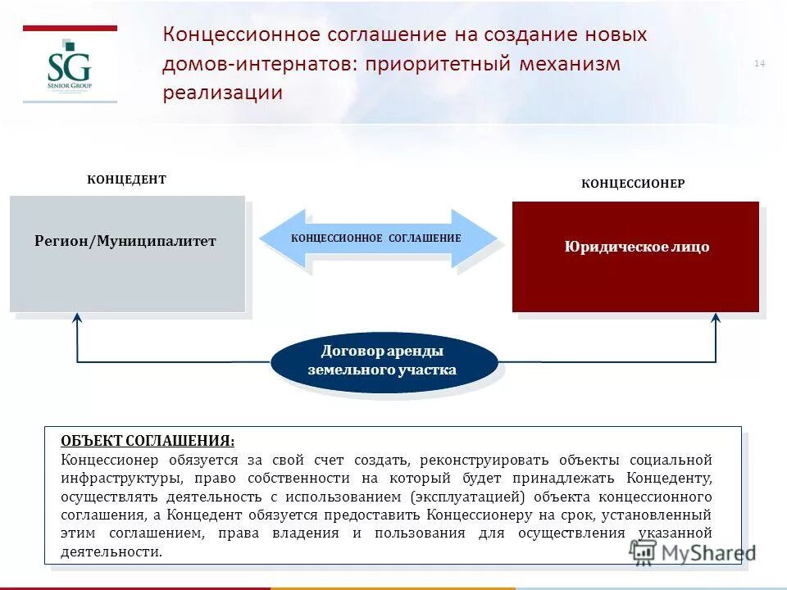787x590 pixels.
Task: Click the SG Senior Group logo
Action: click(69, 70)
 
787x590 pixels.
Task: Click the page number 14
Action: click(759, 64)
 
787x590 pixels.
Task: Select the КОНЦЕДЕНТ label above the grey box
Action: click(126, 179)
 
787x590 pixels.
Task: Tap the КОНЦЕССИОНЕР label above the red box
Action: click(633, 184)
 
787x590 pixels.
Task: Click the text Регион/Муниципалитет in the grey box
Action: click(125, 241)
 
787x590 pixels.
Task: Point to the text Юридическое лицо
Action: click(636, 247)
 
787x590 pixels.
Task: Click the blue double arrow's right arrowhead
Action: click(479, 238)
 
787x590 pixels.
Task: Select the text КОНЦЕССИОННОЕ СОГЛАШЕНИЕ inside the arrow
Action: click(376, 238)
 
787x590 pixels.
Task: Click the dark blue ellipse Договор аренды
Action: click(383, 361)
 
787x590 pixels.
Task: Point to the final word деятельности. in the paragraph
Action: click(111, 551)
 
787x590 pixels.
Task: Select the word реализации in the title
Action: click(222, 93)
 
